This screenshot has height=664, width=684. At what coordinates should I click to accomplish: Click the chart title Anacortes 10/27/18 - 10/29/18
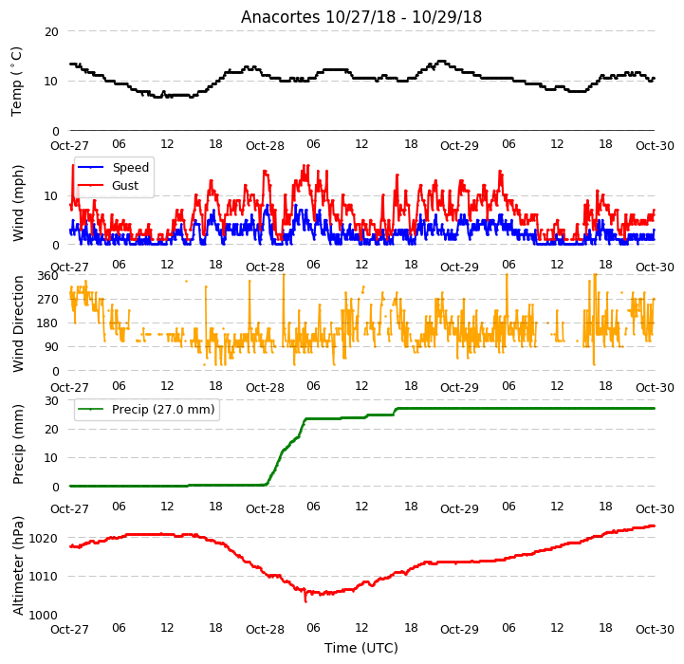pyautogui.click(x=361, y=17)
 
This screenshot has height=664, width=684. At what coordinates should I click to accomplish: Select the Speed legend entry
pyautogui.click(x=113, y=168)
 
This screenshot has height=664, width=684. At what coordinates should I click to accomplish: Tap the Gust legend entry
pyautogui.click(x=108, y=185)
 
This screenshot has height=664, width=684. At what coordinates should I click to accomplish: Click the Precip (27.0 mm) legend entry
pyautogui.click(x=146, y=409)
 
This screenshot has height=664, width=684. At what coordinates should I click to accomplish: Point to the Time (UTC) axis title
pyautogui.click(x=361, y=648)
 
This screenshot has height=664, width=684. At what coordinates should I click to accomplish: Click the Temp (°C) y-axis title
pyautogui.click(x=16, y=82)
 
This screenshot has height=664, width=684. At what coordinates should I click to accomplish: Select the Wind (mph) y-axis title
pyautogui.click(x=17, y=203)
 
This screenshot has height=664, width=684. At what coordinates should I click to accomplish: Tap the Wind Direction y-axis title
pyautogui.click(x=17, y=323)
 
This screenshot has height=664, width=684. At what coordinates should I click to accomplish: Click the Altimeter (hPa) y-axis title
pyautogui.click(x=17, y=566)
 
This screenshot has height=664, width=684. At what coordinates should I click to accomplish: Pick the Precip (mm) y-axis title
pyautogui.click(x=17, y=444)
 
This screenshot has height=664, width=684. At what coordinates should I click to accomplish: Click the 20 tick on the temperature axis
pyautogui.click(x=51, y=32)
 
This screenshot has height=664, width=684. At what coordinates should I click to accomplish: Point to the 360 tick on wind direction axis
pyautogui.click(x=47, y=276)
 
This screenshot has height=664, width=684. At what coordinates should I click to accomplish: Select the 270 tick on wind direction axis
pyautogui.click(x=47, y=300)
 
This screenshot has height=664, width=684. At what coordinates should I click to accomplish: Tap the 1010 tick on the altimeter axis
pyautogui.click(x=44, y=577)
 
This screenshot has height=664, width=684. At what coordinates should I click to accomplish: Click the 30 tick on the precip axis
pyautogui.click(x=51, y=400)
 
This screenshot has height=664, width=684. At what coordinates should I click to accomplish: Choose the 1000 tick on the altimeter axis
pyautogui.click(x=44, y=615)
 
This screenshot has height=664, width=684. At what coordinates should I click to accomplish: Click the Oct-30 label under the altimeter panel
pyautogui.click(x=655, y=630)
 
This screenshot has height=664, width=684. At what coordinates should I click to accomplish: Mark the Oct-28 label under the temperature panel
pyautogui.click(x=265, y=146)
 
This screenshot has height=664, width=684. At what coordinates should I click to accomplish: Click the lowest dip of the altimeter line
pyautogui.click(x=305, y=601)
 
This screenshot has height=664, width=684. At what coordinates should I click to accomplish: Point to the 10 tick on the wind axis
pyautogui.click(x=51, y=196)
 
